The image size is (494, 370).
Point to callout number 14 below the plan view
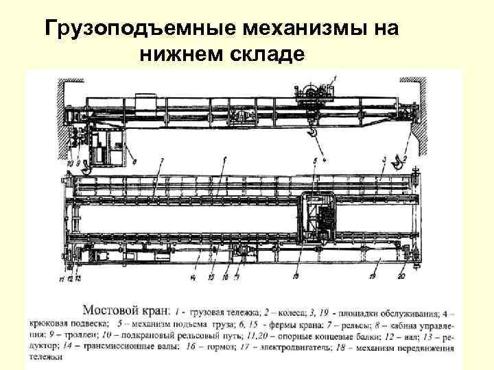196,277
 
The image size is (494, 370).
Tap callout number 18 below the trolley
297,276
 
